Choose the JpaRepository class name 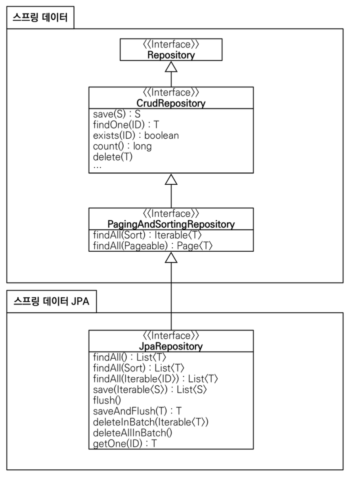pyautogui.click(x=171, y=346)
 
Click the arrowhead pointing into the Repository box pyautogui.click(x=171, y=67)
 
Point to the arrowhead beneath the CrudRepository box pyautogui.click(x=171, y=180)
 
